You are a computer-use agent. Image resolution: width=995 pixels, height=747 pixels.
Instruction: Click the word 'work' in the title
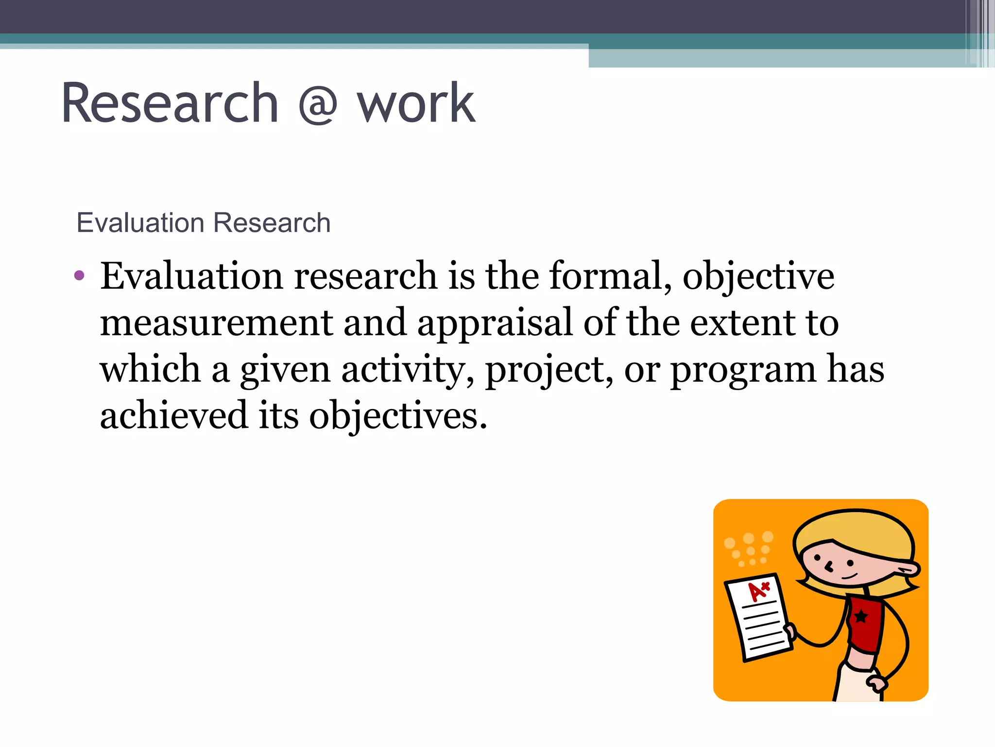pyautogui.click(x=416, y=103)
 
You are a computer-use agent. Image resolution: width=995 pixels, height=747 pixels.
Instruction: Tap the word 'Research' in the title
pyautogui.click(x=170, y=103)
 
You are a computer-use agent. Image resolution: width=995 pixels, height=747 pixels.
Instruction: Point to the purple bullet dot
pyautogui.click(x=79, y=276)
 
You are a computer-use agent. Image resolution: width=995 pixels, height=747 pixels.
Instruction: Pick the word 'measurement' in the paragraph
pyautogui.click(x=217, y=323)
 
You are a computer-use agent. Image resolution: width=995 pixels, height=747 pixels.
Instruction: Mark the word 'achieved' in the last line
pyautogui.click(x=174, y=415)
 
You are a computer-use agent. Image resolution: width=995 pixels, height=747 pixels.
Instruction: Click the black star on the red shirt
pyautogui.click(x=861, y=617)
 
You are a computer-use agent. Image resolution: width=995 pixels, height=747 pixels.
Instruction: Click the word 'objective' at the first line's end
pyautogui.click(x=758, y=276)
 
